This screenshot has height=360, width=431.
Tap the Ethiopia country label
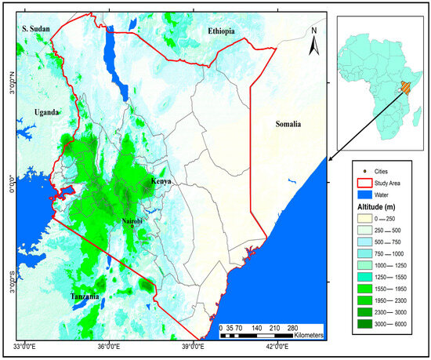[x=223, y=31]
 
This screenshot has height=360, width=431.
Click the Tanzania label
[x=84, y=297]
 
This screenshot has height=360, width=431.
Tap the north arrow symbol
[x=313, y=42]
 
